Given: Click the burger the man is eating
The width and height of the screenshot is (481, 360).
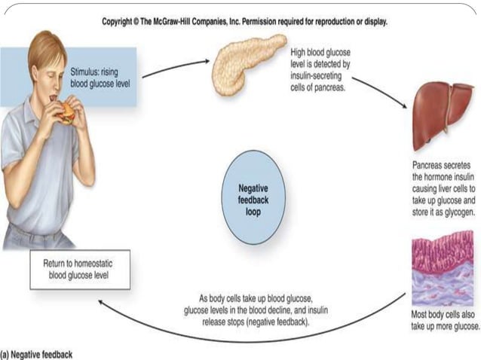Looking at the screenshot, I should coord(67,112).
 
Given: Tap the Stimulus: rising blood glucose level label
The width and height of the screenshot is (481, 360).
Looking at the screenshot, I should coord(100,77).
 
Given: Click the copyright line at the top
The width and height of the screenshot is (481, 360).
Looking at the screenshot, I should coord(244,22).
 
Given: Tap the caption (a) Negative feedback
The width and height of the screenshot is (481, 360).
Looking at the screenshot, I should coord(38,352).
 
